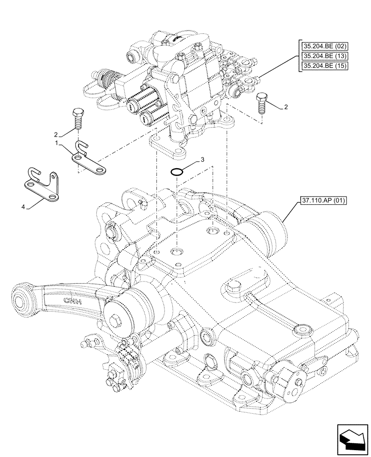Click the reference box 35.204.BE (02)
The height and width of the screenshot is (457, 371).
pyautogui.click(x=323, y=46)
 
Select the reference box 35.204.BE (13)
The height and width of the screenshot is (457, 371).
pyautogui.click(x=323, y=56)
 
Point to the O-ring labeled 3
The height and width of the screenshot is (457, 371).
pyautogui.click(x=177, y=173)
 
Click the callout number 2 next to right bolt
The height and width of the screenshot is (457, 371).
pyautogui.click(x=286, y=107)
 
